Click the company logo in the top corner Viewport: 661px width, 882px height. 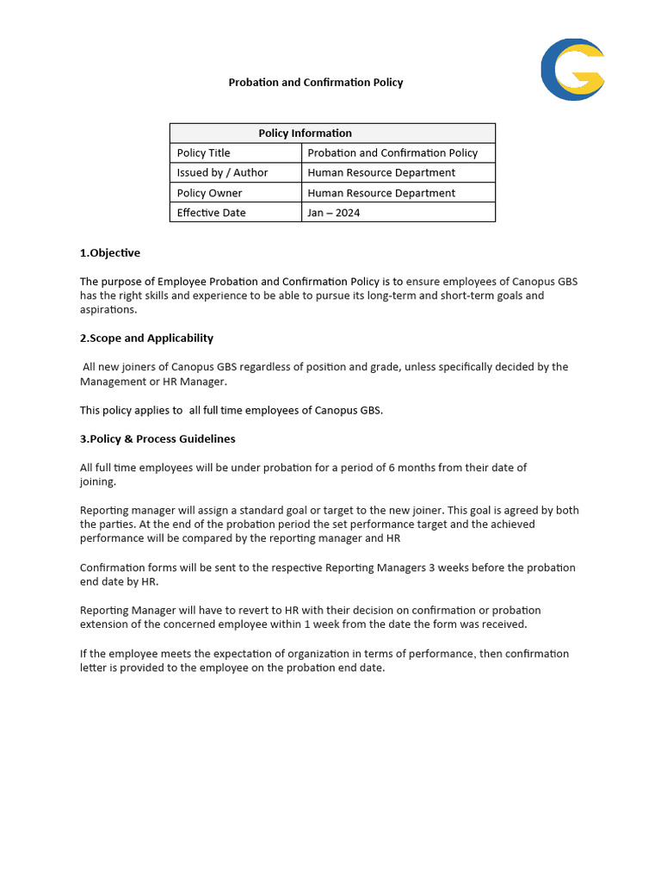pyautogui.click(x=572, y=70)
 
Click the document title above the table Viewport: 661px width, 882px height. pyautogui.click(x=315, y=83)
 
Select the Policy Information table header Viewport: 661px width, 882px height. pyautogui.click(x=305, y=133)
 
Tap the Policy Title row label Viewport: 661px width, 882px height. pyautogui.click(x=204, y=152)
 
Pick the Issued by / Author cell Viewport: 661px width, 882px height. pyautogui.click(x=222, y=172)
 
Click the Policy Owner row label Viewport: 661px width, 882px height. pyautogui.click(x=209, y=193)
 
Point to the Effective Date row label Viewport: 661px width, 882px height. pyautogui.click(x=211, y=213)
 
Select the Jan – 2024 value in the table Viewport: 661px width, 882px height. pyautogui.click(x=334, y=213)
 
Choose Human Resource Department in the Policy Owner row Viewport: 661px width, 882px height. pyautogui.click(x=381, y=193)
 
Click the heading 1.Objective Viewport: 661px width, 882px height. pyautogui.click(x=110, y=253)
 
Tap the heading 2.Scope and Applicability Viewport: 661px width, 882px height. pyautogui.click(x=146, y=338)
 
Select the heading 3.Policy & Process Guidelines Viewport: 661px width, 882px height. pyautogui.click(x=158, y=438)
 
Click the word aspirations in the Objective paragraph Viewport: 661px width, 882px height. pyautogui.click(x=108, y=310)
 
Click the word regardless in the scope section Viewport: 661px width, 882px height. pyautogui.click(x=265, y=367)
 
